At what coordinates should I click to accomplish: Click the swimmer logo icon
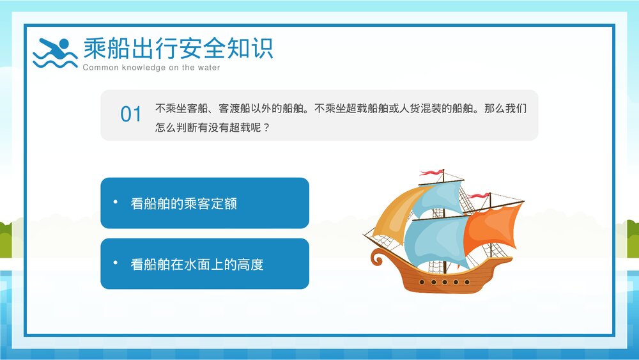coord(55,52)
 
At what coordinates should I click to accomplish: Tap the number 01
coord(131,114)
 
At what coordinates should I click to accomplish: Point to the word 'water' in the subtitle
coord(208,68)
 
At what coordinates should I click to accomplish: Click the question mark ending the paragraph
coord(266,127)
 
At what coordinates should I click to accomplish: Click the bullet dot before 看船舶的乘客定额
coord(116,202)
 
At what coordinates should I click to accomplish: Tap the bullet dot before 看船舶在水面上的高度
coord(116,263)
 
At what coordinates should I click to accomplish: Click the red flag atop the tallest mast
coord(431,173)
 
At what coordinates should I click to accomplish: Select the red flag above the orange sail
coord(477,195)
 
